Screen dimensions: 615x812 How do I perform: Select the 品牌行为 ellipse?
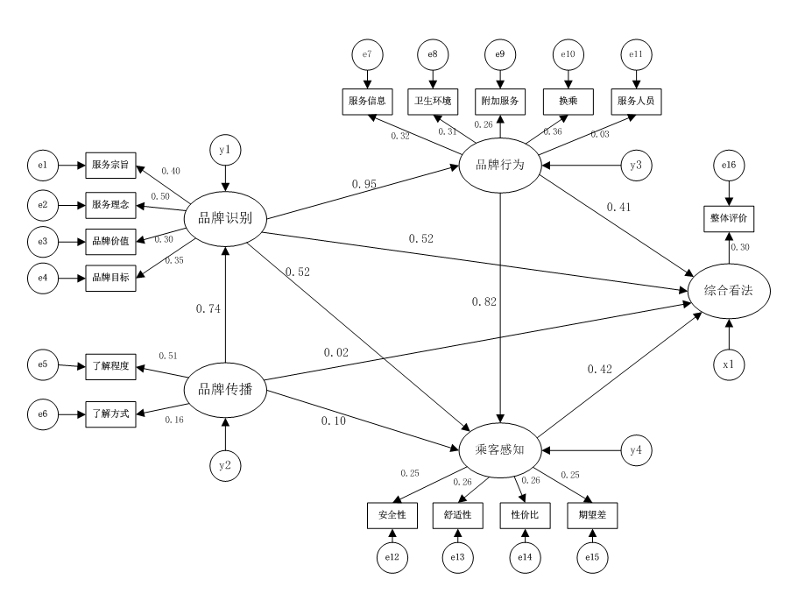(499, 164)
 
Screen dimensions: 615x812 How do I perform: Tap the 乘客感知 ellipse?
(500, 451)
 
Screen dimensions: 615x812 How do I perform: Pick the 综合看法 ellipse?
(729, 292)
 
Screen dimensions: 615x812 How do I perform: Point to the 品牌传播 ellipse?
(226, 389)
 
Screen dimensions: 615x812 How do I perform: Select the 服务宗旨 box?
(110, 164)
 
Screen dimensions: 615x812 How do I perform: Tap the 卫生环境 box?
(433, 101)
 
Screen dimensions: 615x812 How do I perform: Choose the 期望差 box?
(592, 515)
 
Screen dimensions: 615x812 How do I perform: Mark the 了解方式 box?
(110, 413)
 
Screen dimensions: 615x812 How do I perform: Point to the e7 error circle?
(366, 54)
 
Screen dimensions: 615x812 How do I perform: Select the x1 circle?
(729, 363)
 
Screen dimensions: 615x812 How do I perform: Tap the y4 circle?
(638, 451)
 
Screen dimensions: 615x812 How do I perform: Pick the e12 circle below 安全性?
(392, 556)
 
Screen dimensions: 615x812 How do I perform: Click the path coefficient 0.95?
(364, 185)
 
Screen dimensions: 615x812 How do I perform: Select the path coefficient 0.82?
(484, 302)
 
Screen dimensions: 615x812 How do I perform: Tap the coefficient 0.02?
(336, 352)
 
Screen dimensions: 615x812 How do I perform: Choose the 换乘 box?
(568, 101)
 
